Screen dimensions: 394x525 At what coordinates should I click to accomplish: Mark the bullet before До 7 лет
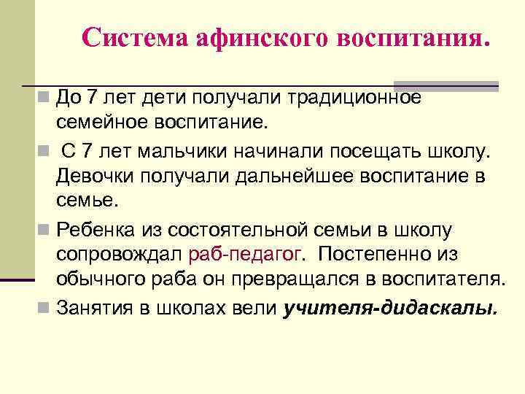[45, 96]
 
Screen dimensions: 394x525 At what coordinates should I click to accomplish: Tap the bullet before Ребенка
[45, 231]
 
